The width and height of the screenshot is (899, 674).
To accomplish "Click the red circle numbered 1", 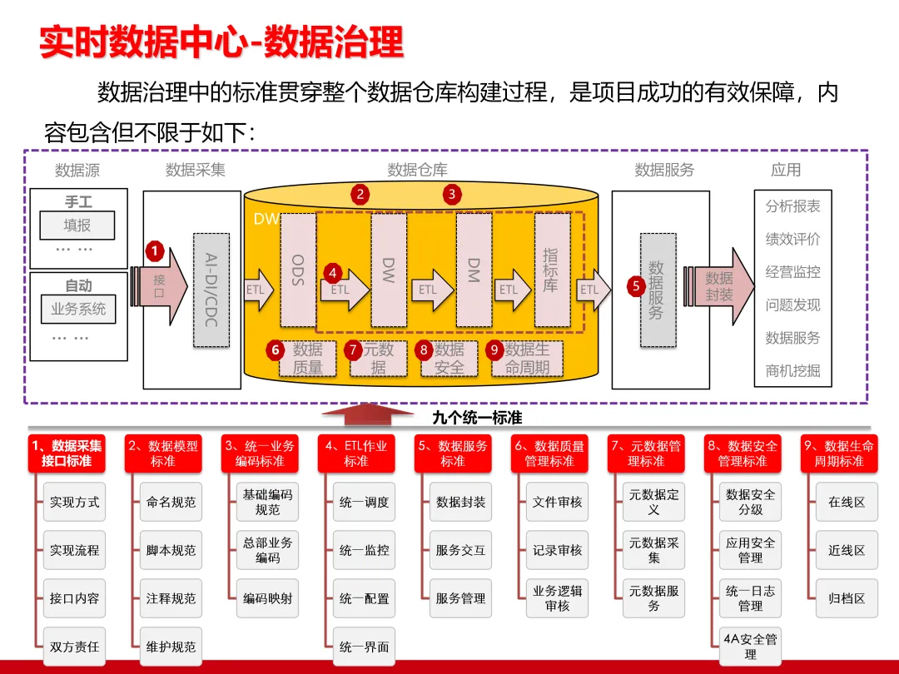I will click(154, 250).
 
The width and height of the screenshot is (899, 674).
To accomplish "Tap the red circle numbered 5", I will click(636, 285).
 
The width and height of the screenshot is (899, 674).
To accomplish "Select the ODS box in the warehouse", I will click(298, 270).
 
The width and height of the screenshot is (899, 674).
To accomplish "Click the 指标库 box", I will click(552, 270).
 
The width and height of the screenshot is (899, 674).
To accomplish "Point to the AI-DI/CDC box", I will click(211, 289).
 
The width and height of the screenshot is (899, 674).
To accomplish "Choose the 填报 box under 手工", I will click(77, 225).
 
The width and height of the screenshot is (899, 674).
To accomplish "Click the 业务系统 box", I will click(78, 309).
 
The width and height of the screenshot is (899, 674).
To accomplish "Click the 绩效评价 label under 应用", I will click(792, 239).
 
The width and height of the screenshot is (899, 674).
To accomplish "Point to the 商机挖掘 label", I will click(792, 371).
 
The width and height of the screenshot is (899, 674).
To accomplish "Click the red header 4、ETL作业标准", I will click(356, 453).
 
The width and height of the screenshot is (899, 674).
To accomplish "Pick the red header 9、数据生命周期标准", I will click(839, 453).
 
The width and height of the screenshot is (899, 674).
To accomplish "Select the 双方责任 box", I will click(75, 647).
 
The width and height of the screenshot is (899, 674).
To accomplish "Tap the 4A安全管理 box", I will click(751, 647).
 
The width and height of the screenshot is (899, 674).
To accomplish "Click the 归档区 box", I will click(847, 598).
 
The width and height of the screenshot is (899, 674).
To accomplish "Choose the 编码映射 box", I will click(268, 598).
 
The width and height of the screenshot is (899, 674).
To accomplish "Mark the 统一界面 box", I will click(365, 647).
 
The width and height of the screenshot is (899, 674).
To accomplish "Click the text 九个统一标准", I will click(477, 418).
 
